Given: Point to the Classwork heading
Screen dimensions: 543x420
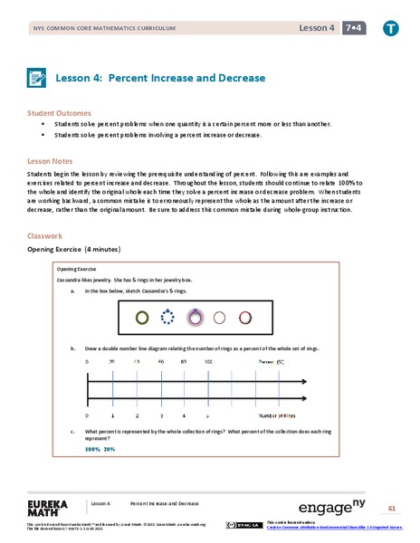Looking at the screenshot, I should coord(47,236).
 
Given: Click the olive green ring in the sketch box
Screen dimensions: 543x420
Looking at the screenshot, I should coord(141,318).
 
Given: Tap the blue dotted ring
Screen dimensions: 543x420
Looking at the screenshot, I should coord(167,318).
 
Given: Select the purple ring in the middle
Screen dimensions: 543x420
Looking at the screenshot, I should coord(194,318).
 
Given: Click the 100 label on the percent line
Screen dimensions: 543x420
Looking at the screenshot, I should coord(208,362).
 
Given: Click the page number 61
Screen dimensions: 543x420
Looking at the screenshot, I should coord(392,507).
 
